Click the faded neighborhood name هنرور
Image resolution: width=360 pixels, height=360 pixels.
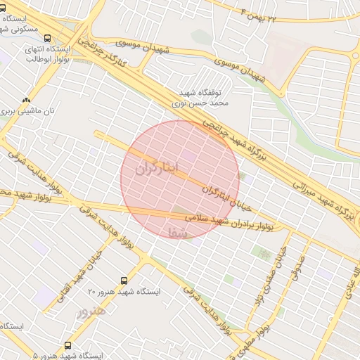tap(91, 310)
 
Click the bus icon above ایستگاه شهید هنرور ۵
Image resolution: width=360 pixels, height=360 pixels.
tap(67, 345)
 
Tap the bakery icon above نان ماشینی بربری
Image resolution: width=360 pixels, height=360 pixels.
tap(27, 101)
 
